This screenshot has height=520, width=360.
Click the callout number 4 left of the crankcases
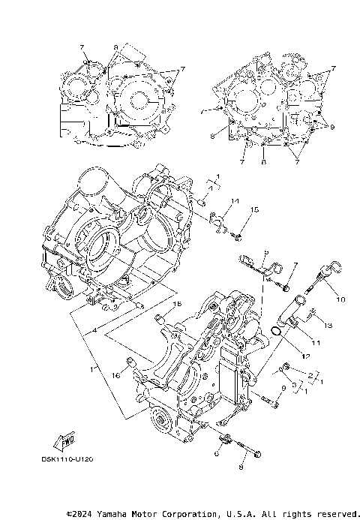(x=95, y=331)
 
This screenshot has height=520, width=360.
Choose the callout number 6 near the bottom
(x=217, y=453)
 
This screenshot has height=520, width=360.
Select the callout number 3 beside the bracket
(x=295, y=383)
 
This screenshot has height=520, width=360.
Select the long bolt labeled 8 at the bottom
(x=250, y=450)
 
